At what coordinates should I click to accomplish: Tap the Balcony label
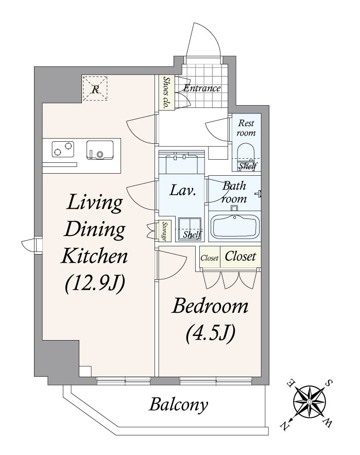[179, 405]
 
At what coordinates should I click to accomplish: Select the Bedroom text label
[210, 308]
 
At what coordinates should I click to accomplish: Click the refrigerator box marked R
[95, 88]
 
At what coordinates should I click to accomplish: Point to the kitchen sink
[100, 149]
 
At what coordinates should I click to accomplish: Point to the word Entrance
[202, 89]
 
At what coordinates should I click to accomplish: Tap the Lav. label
[183, 192]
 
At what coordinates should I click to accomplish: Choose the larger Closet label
[240, 257]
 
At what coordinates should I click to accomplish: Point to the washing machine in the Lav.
[190, 226]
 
